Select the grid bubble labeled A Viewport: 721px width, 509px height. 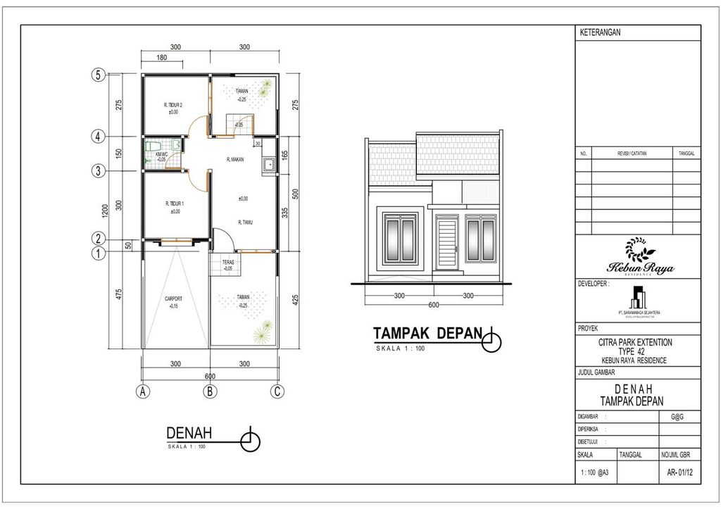pos(143,392)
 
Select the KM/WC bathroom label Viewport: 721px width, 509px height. pos(161,154)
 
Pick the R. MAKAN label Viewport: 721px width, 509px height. pos(235,160)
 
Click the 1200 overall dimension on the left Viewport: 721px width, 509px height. pos(106,210)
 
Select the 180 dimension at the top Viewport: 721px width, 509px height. pos(161,58)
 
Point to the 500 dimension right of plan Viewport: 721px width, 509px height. pos(296,193)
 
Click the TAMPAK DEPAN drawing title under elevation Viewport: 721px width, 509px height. pos(427,332)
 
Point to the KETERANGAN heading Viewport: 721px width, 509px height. pos(600,33)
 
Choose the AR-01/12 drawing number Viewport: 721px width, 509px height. pos(680,473)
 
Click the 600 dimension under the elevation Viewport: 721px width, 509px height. pos(433,304)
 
